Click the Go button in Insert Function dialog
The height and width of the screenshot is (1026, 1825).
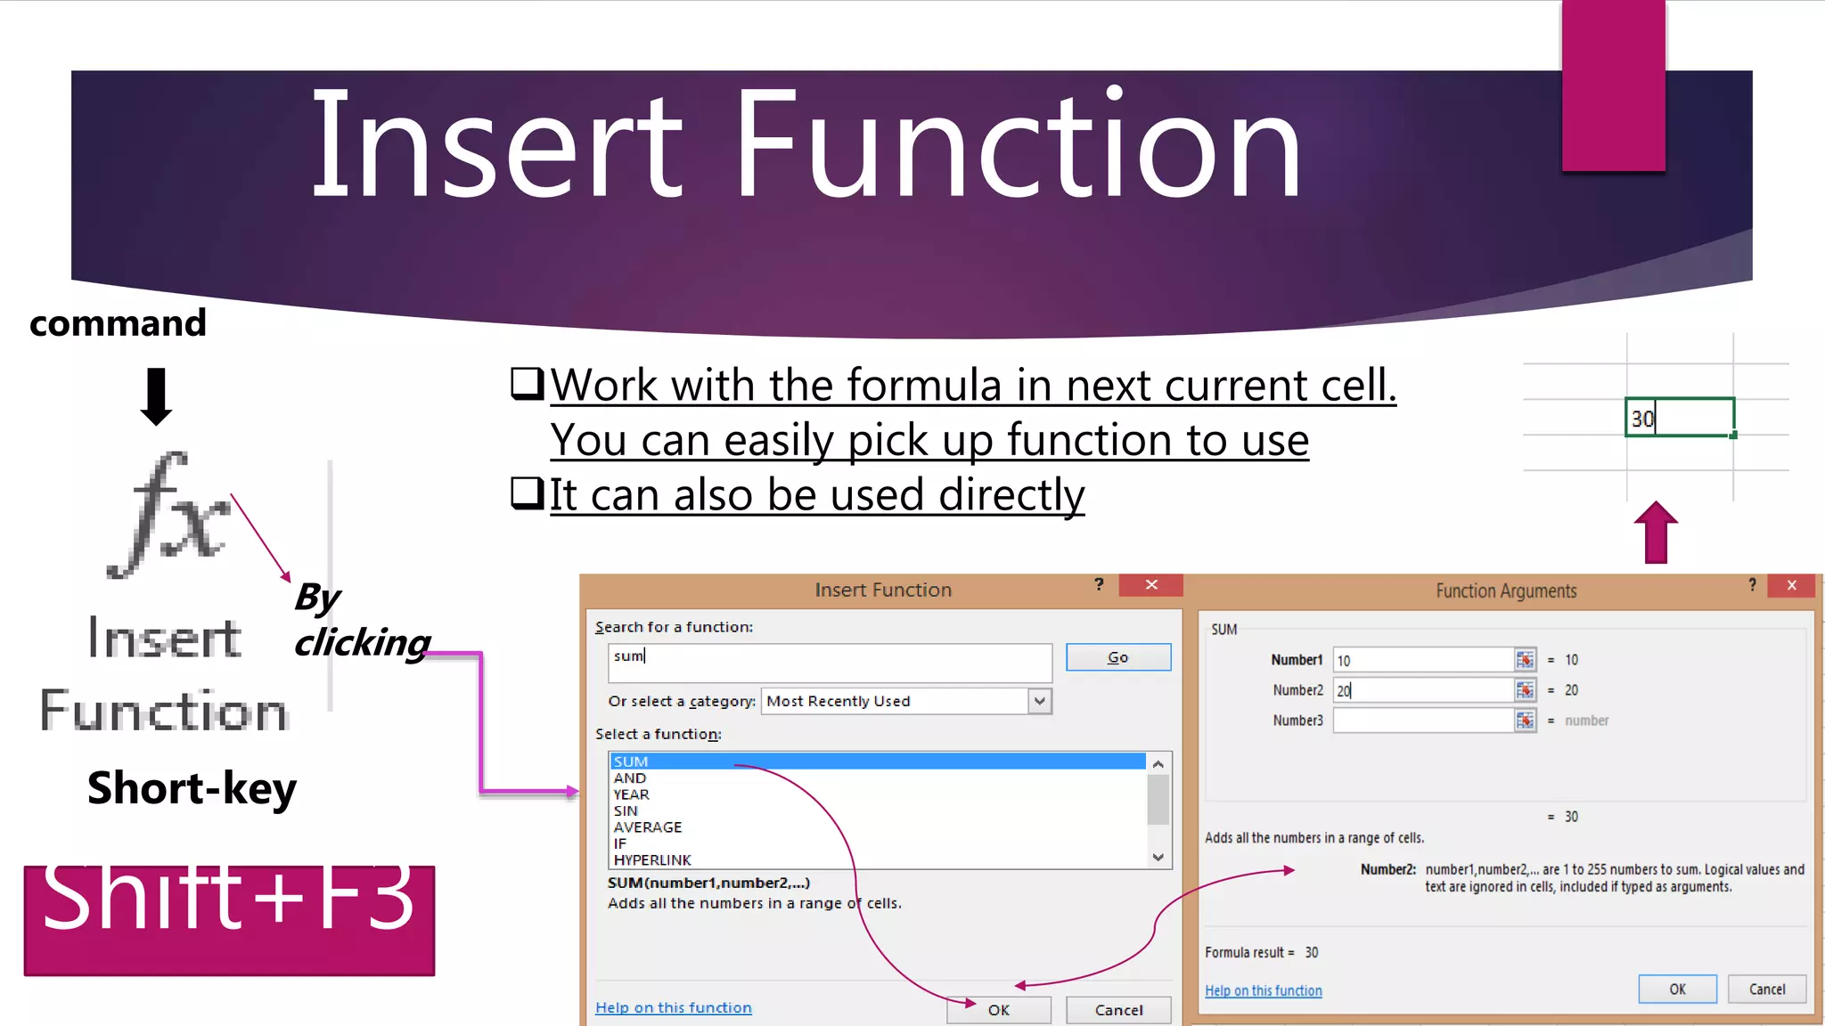coord(1117,657)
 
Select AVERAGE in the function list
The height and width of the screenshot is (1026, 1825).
coord(648,827)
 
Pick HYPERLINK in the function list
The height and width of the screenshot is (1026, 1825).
coord(652,860)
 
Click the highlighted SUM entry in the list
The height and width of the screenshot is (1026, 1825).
coord(631,761)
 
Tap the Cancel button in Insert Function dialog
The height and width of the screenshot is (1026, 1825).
coord(1118,1010)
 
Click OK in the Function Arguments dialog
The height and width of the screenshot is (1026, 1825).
coord(1677,989)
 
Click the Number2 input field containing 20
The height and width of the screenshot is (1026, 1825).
coord(1422,690)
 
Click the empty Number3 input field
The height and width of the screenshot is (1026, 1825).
coord(1422,721)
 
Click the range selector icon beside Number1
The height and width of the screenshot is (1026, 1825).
coord(1525,660)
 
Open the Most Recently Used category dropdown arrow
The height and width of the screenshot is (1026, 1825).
coord(1039,702)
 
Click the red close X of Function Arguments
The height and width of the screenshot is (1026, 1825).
coord(1791,585)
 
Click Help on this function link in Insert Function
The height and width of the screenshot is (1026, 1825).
coord(673,1007)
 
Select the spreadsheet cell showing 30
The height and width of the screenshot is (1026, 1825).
coord(1679,418)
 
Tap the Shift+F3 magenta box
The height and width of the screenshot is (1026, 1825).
coord(229,920)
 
